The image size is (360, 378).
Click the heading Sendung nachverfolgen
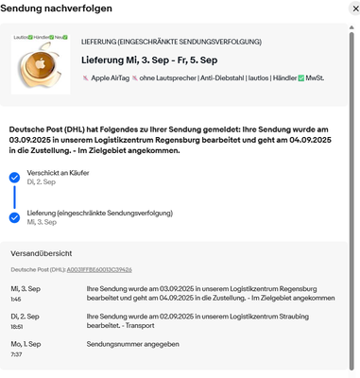pyautogui.click(x=56, y=9)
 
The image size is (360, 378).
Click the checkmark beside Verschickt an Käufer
pyautogui.click(x=14, y=177)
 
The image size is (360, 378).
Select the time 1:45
pyautogui.click(x=17, y=299)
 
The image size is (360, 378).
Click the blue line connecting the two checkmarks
pyautogui.click(x=14, y=197)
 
